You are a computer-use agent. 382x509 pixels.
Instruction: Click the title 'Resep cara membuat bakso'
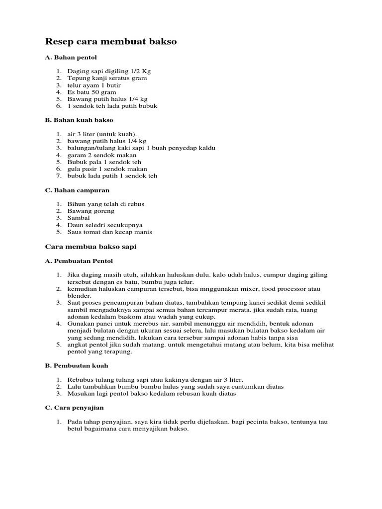tap(111, 42)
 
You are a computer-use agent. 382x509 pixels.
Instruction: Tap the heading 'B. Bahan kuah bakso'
tap(79, 120)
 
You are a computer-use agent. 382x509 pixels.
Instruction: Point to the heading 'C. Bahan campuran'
tap(77, 190)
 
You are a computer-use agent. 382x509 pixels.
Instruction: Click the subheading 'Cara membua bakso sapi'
tap(91, 247)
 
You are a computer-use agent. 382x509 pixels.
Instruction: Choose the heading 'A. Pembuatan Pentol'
tap(79, 260)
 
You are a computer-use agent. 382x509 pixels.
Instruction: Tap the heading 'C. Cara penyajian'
tap(75, 408)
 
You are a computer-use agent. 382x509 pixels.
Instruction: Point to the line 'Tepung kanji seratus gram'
tap(107, 78)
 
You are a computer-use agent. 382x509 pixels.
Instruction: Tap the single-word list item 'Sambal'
tap(79, 218)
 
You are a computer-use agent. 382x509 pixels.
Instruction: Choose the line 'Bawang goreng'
tap(91, 211)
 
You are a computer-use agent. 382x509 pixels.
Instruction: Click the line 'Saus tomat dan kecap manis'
tap(109, 232)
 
